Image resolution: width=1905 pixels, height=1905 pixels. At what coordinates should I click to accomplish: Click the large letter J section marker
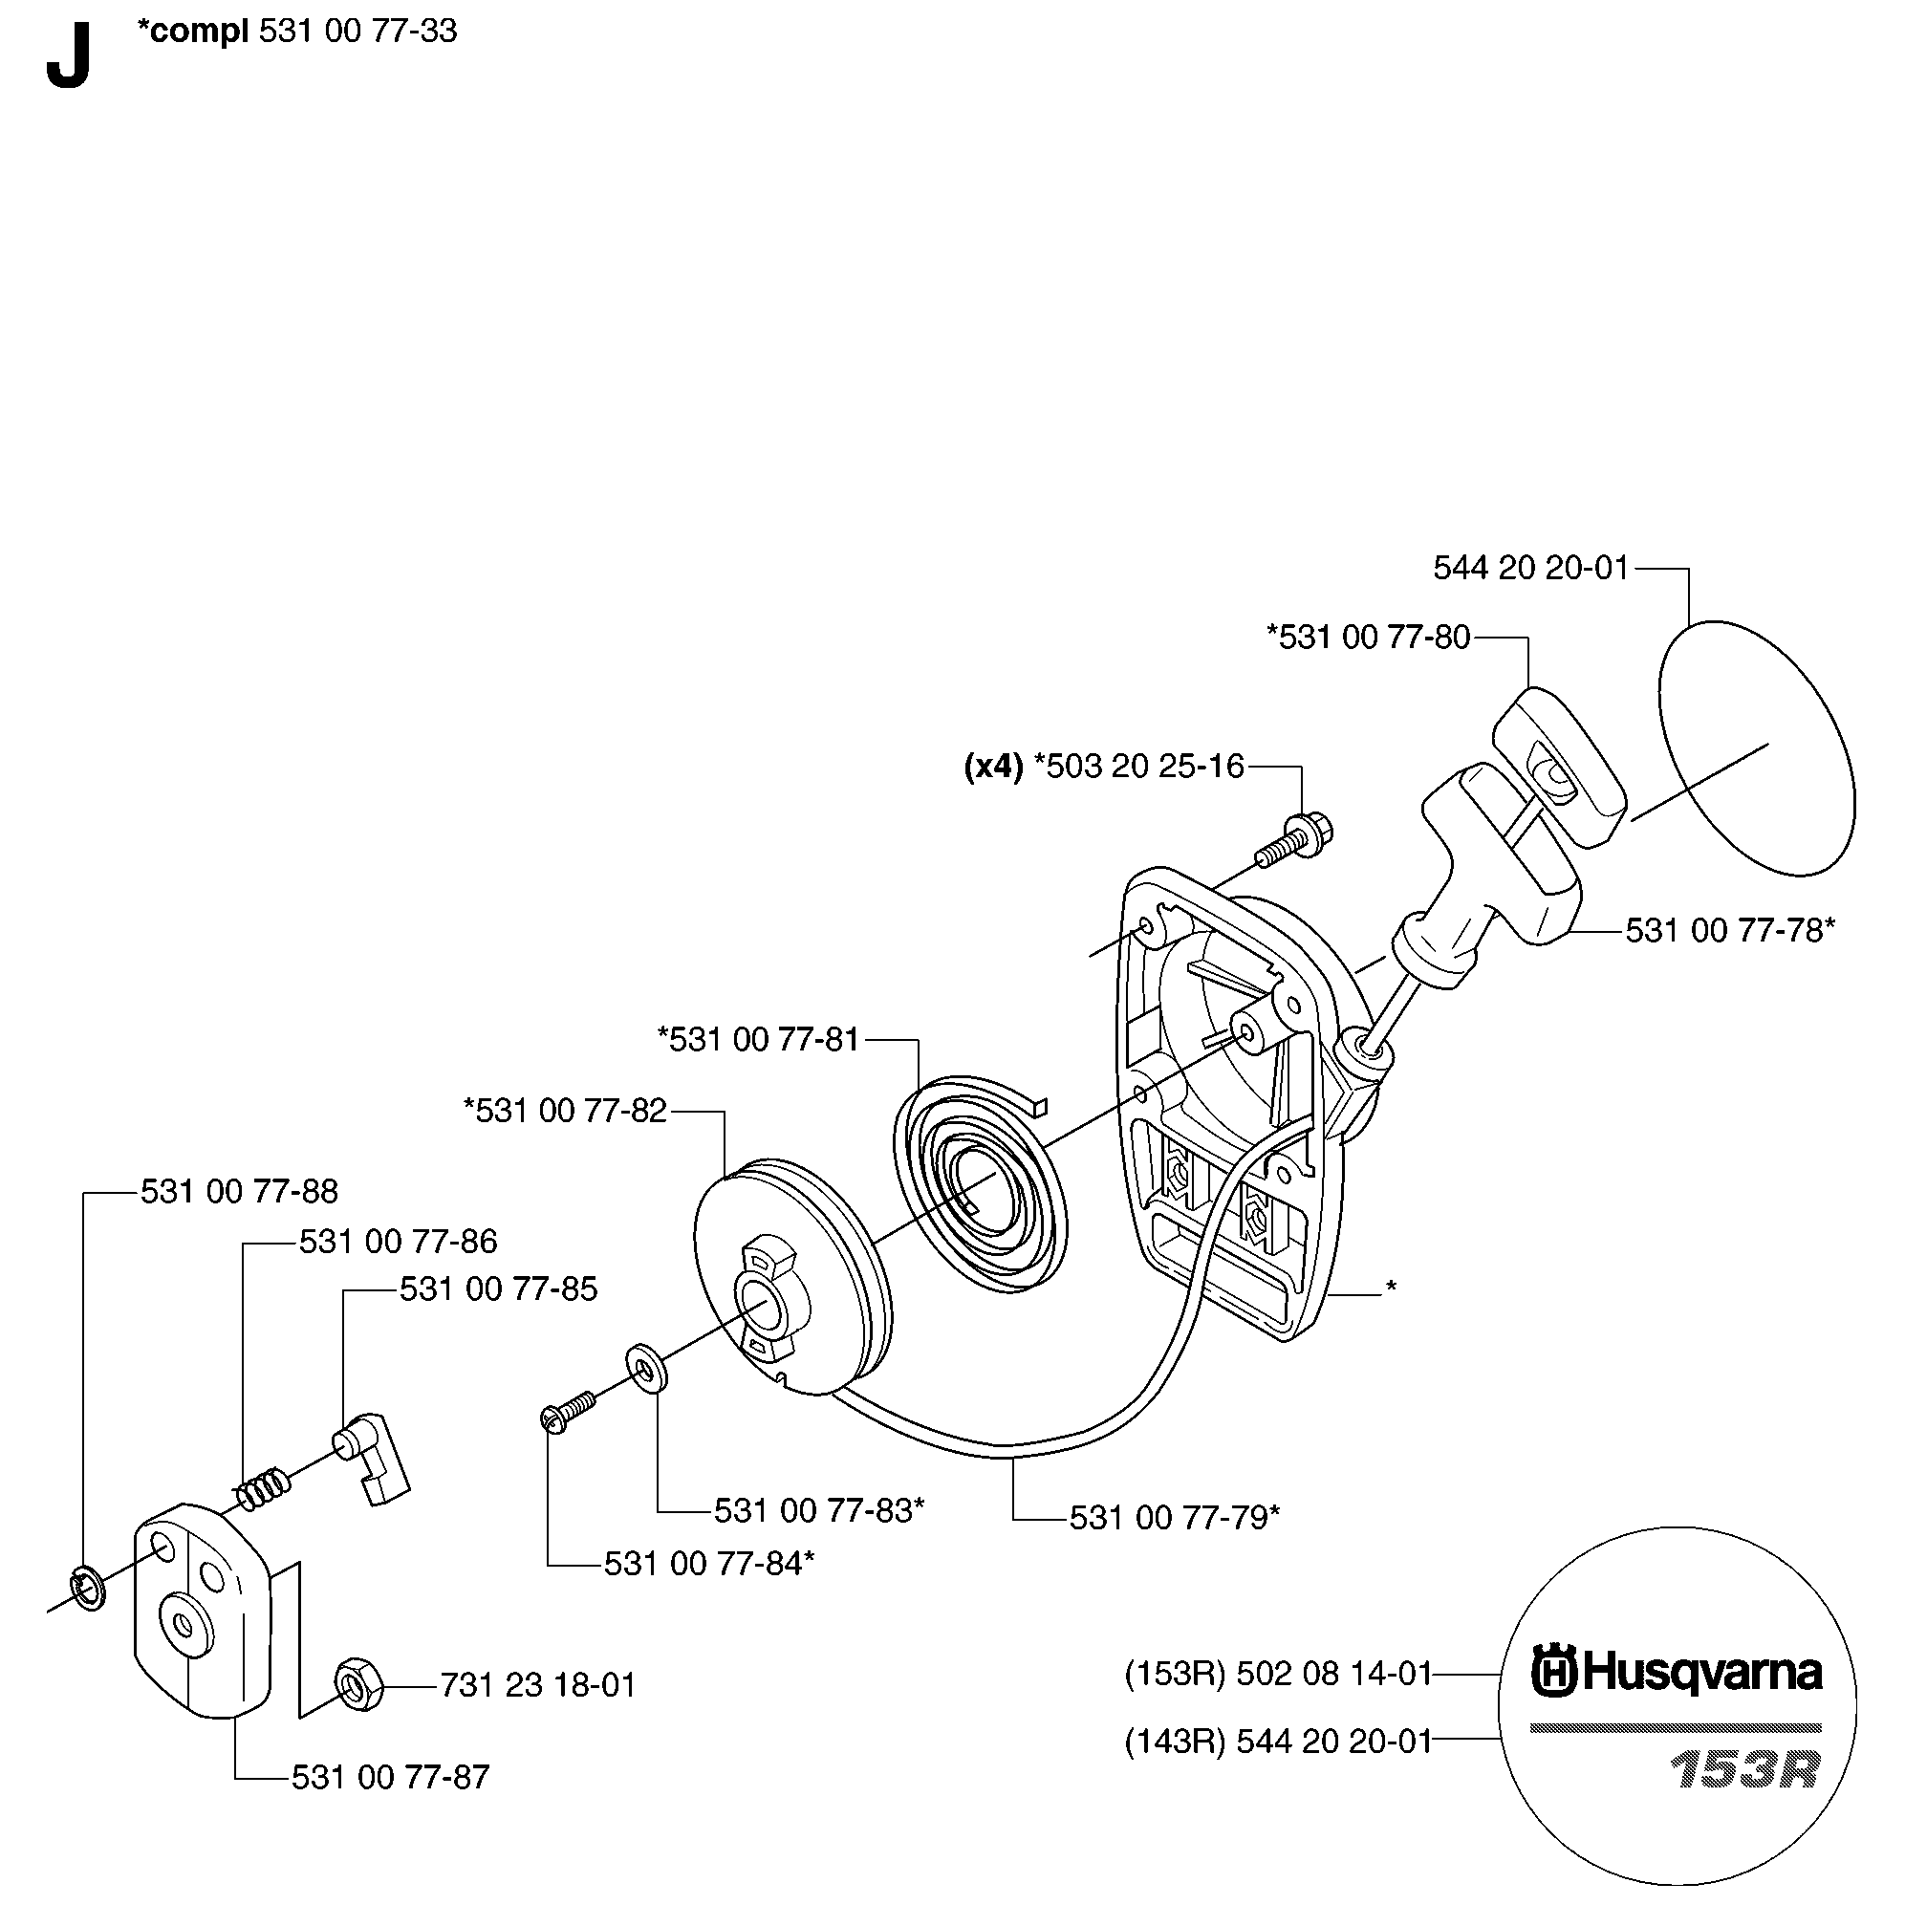tap(68, 57)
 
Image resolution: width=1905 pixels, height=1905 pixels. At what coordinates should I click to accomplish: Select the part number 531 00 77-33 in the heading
tap(357, 32)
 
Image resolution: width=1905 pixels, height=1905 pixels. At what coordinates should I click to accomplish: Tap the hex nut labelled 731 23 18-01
tap(358, 1684)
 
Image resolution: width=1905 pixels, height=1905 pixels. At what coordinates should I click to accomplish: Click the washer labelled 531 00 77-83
tap(645, 1369)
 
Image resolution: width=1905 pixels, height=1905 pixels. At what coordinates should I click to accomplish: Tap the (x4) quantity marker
tap(993, 767)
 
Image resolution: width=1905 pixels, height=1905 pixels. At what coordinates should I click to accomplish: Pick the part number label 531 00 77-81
tap(759, 1039)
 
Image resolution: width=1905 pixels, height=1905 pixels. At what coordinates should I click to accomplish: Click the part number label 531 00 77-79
tap(1175, 1518)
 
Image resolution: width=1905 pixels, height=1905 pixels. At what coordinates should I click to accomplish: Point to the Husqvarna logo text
tap(1677, 1674)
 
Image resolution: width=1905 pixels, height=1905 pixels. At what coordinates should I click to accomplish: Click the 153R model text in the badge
tap(1744, 1771)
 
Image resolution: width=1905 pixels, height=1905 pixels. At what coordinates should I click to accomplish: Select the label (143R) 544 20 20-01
tap(1278, 1743)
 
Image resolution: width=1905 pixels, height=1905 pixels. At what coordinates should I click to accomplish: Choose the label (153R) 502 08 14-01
tap(1278, 1674)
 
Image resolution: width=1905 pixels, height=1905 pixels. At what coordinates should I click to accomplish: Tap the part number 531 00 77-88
tap(240, 1191)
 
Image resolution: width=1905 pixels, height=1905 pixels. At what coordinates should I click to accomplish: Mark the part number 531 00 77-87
tap(391, 1777)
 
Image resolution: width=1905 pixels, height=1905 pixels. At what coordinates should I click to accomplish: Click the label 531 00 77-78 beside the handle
tap(1729, 930)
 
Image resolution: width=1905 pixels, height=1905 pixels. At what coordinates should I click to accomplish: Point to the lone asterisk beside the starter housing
tap(1392, 1288)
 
